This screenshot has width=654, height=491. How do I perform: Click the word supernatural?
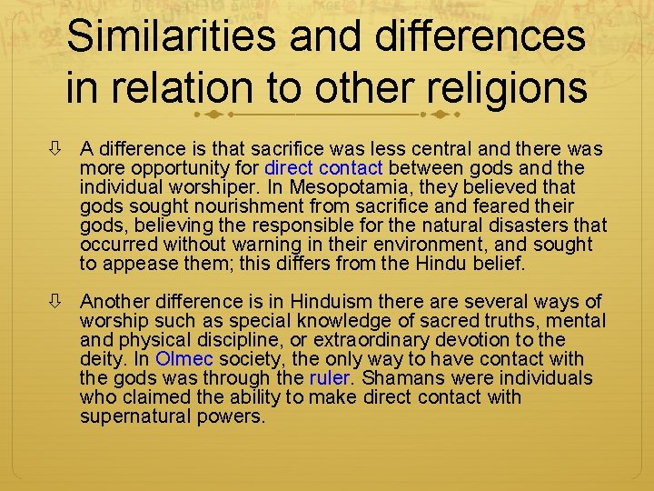pos(137,417)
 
